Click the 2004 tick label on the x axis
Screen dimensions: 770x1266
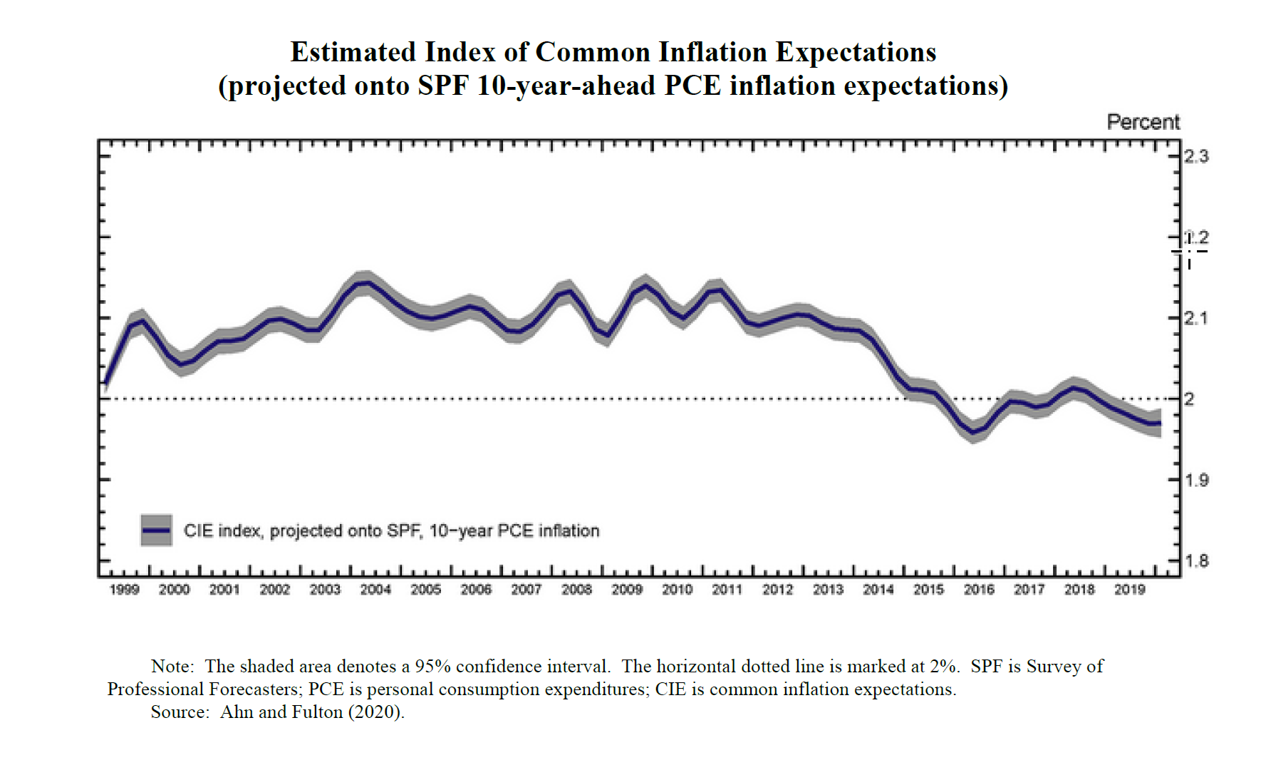(375, 590)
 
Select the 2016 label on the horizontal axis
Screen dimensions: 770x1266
(979, 590)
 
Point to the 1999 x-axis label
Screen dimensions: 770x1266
(124, 590)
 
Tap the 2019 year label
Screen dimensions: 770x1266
(1129, 590)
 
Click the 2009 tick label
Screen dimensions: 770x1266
(627, 590)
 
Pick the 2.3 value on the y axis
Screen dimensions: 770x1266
(1196, 156)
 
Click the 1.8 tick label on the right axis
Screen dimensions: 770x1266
(1196, 561)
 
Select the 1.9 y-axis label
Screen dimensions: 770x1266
(1196, 480)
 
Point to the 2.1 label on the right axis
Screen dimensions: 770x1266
(1196, 318)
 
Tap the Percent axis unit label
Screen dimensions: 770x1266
(1143, 122)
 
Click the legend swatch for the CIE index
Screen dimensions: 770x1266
(157, 530)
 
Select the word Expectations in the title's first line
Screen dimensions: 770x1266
(856, 52)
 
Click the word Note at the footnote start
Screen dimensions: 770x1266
(172, 667)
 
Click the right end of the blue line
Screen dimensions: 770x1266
(1160, 423)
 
